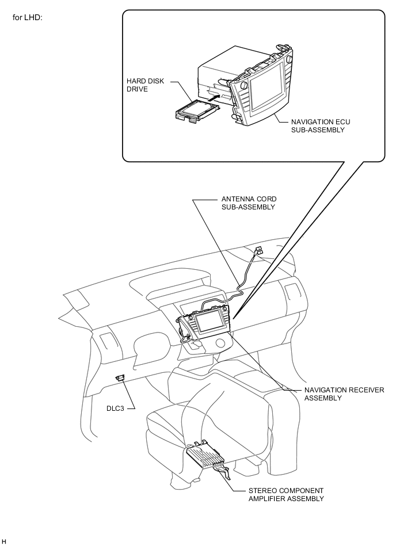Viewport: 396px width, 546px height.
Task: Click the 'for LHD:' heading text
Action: [x=27, y=17]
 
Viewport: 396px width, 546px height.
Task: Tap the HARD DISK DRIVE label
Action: [x=145, y=85]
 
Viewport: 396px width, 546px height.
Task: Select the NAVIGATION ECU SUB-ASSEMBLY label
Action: [x=321, y=125]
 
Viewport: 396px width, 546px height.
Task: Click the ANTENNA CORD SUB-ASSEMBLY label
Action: [x=249, y=203]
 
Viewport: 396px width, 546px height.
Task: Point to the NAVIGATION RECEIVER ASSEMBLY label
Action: [x=344, y=394]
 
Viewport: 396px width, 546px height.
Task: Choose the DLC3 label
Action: [x=115, y=408]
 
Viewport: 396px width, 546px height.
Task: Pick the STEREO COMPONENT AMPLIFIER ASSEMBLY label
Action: [x=286, y=494]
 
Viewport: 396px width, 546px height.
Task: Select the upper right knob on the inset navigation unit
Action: [x=289, y=59]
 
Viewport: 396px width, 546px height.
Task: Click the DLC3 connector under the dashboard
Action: [x=120, y=377]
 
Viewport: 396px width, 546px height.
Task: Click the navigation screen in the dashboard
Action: [x=208, y=322]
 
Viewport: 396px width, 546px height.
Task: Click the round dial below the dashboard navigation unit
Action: [x=220, y=343]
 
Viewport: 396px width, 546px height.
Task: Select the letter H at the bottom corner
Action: [x=4, y=541]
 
